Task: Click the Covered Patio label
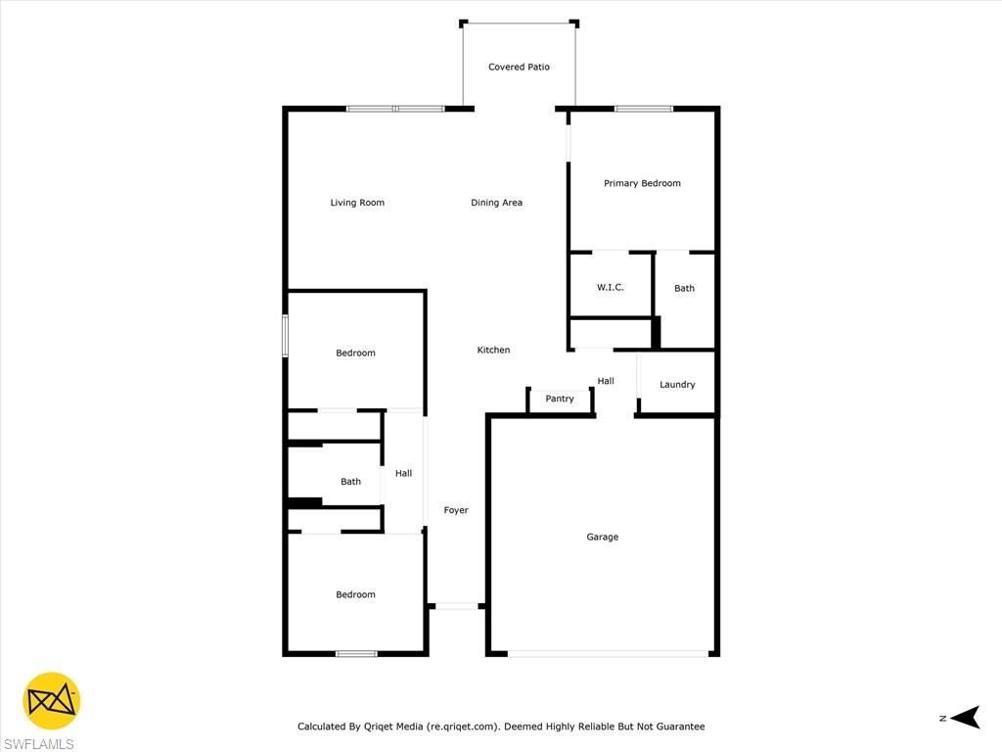pyautogui.click(x=519, y=68)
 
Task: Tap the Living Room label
pyautogui.click(x=357, y=203)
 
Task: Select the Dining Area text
pyautogui.click(x=496, y=203)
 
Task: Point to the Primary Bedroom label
pyautogui.click(x=642, y=183)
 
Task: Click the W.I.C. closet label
pyautogui.click(x=611, y=287)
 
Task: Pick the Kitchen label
pyautogui.click(x=493, y=350)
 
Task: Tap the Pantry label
pyautogui.click(x=560, y=399)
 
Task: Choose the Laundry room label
pyautogui.click(x=677, y=385)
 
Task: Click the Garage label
pyautogui.click(x=603, y=537)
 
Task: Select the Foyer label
pyautogui.click(x=456, y=510)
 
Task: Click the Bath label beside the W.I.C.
pyautogui.click(x=684, y=288)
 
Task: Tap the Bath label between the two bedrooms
pyautogui.click(x=350, y=481)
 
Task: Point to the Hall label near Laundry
pyautogui.click(x=606, y=381)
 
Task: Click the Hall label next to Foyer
pyautogui.click(x=403, y=474)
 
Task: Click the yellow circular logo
pyautogui.click(x=52, y=701)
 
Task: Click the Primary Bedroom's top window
pyautogui.click(x=643, y=109)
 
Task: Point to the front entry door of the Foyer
pyautogui.click(x=456, y=607)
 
